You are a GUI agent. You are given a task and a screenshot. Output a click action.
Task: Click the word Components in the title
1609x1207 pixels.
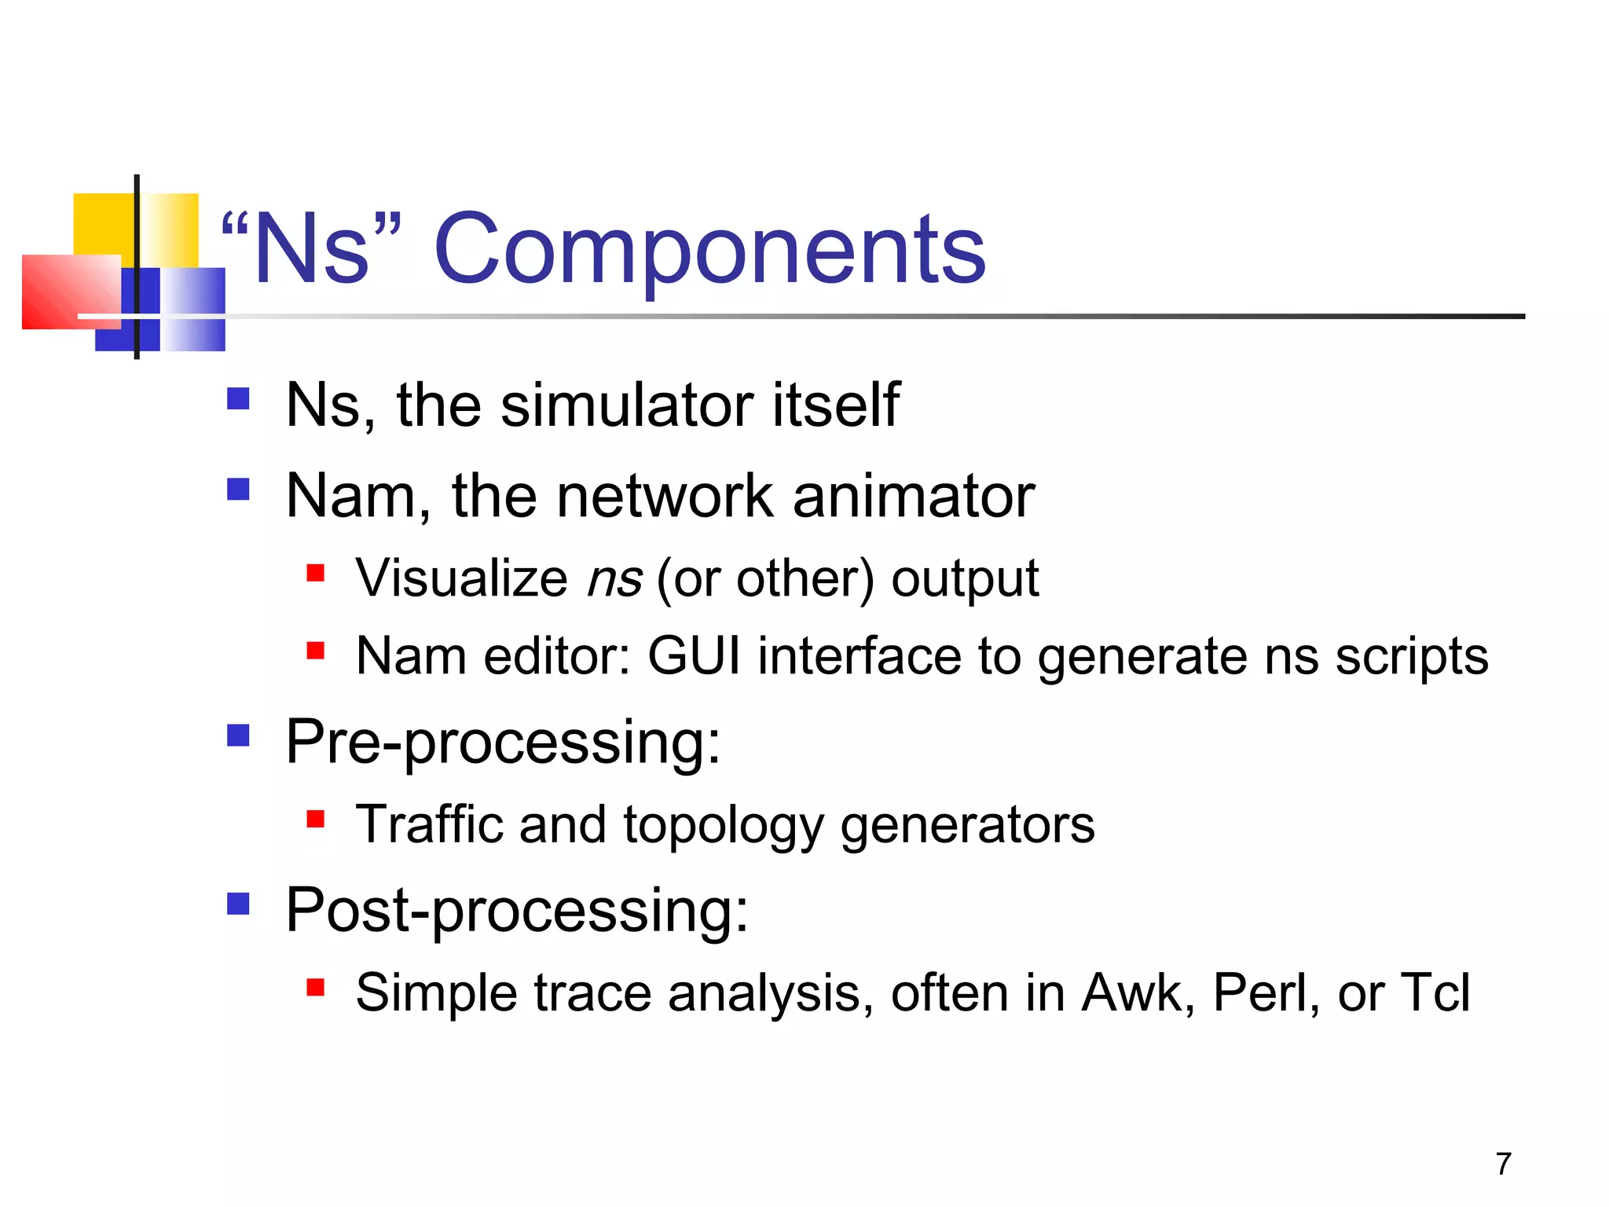[x=709, y=250]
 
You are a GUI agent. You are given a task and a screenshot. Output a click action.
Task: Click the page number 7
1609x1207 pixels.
[x=1503, y=1164]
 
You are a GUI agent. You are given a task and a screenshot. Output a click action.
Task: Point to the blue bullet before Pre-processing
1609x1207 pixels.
[x=238, y=736]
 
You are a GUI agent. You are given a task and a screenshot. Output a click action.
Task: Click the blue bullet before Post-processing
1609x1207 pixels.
[x=238, y=904]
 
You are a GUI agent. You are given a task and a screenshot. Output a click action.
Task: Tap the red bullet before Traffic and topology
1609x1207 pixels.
[x=316, y=820]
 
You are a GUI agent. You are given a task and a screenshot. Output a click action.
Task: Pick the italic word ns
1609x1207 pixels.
[x=615, y=579]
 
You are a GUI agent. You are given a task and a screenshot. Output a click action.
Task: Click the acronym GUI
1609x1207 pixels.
[x=694, y=655]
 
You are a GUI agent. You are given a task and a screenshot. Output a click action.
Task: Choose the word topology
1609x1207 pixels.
[x=723, y=827]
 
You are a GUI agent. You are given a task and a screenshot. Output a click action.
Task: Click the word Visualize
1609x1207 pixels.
[x=461, y=579]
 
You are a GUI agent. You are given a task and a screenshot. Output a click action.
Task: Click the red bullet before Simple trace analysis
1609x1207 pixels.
[x=316, y=987]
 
